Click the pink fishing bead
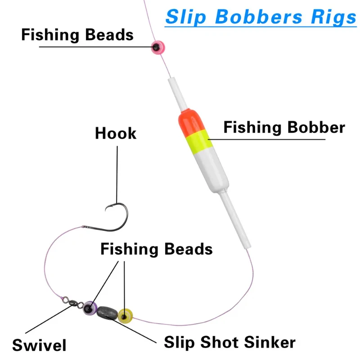point(158,48)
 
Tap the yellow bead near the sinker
point(125,316)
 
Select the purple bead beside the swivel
point(90,308)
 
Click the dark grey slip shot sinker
point(107,312)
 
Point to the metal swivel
point(73,302)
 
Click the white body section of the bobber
point(211,169)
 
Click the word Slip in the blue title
point(185,17)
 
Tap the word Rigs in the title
point(333,17)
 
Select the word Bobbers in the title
point(258,17)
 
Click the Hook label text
point(116,133)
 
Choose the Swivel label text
point(39,345)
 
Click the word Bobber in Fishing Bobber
point(316,127)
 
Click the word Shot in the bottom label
point(220,342)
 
